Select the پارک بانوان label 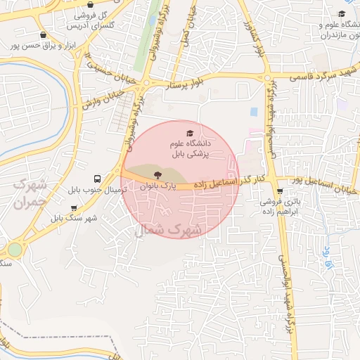coord(155,186)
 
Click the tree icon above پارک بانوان coord(156,174)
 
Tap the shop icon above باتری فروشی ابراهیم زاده coord(281,191)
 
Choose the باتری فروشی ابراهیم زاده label coord(281,206)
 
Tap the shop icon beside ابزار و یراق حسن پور coord(44,34)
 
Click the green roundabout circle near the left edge coord(14,250)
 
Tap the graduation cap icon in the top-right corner coord(342,13)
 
